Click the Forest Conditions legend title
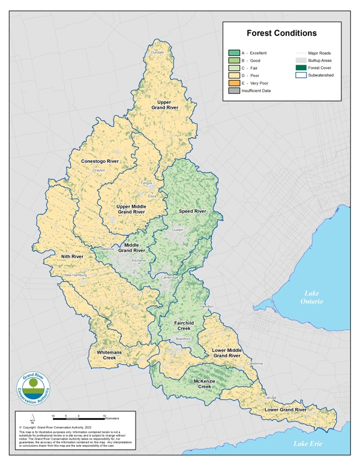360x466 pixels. click(281, 34)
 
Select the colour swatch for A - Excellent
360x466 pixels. click(234, 53)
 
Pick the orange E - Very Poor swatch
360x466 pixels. click(234, 83)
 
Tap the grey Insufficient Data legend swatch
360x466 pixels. click(234, 91)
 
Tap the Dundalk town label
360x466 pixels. click(157, 53)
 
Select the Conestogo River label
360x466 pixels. click(100, 162)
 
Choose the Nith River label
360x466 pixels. click(72, 256)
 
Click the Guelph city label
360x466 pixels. click(178, 229)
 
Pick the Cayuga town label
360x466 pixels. click(271, 398)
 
